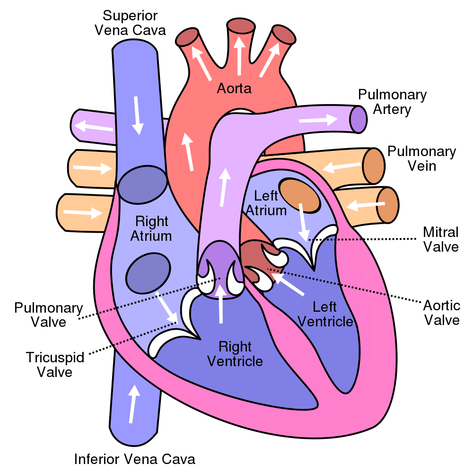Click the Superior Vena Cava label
tap(130, 22)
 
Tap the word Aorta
tap(234, 88)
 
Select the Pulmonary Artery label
tap(392, 102)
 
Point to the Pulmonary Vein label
tap(421, 159)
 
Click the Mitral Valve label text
tap(440, 239)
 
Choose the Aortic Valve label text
tap(441, 312)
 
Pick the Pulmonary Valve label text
tap(49, 315)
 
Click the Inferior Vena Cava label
tap(135, 458)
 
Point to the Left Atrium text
tap(270, 202)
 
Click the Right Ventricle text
tap(235, 354)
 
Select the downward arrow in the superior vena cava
tap(138, 115)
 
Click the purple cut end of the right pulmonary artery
tap(359, 119)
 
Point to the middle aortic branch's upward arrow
tap(240, 55)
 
